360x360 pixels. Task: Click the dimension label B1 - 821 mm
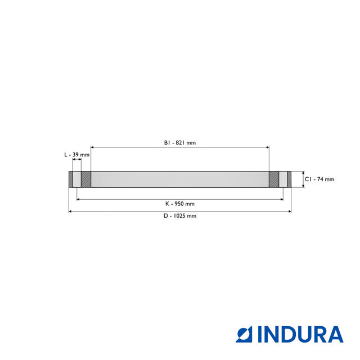pyautogui.click(x=179, y=143)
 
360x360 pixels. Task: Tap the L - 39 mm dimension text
pyautogui.click(x=76, y=154)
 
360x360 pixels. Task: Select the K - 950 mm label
pyautogui.click(x=179, y=204)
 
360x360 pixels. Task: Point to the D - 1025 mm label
pyautogui.click(x=179, y=215)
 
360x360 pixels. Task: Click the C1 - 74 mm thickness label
pyautogui.click(x=319, y=179)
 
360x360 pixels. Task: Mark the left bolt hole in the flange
pyautogui.click(x=77, y=179)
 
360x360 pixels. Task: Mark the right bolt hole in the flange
pyautogui.click(x=283, y=179)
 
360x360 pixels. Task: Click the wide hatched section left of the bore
pyautogui.click(x=86, y=179)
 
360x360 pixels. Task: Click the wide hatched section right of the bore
pyautogui.click(x=274, y=179)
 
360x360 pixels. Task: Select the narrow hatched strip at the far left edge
pyautogui.click(x=71, y=179)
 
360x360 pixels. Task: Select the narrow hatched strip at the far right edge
pyautogui.click(x=289, y=179)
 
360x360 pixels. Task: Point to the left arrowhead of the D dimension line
pyautogui.click(x=70, y=211)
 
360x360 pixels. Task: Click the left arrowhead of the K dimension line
pyautogui.click(x=78, y=199)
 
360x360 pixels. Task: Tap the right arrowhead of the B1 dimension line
pyautogui.click(x=268, y=147)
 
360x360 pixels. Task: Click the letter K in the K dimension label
pyautogui.click(x=166, y=204)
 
